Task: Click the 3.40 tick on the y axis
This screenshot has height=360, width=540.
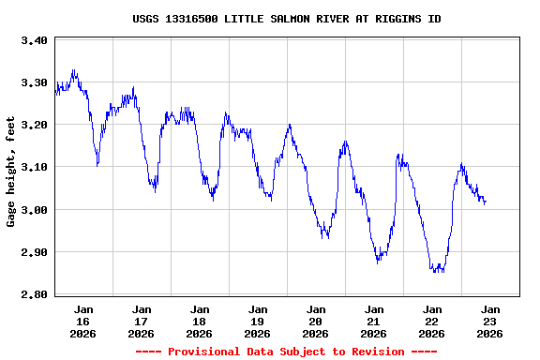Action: [34, 40]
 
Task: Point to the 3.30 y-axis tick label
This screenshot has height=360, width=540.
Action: [34, 82]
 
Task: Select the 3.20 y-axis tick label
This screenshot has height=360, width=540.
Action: [34, 125]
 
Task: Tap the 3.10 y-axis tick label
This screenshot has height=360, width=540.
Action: [34, 167]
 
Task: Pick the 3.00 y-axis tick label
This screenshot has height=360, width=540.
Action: [34, 210]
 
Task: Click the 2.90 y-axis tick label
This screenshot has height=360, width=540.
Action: [34, 252]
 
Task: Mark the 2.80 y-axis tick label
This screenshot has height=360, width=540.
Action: [34, 294]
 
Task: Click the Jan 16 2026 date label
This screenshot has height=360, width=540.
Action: [83, 321]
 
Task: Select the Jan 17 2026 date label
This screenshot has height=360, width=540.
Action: [142, 321]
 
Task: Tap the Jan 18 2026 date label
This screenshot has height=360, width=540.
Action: [200, 321]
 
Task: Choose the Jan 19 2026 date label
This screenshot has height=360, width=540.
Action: [258, 321]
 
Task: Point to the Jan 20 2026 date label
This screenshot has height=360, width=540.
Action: [316, 321]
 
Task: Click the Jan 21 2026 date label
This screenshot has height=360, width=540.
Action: [374, 321]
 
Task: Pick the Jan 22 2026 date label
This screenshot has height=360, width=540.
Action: [432, 321]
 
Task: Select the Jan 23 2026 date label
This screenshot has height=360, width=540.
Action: [490, 321]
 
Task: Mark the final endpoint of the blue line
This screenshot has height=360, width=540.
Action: [486, 201]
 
